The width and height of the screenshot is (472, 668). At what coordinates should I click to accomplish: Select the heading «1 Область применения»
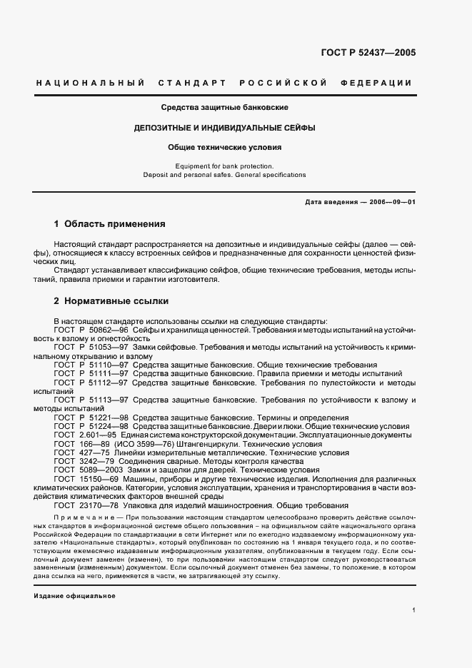(109, 223)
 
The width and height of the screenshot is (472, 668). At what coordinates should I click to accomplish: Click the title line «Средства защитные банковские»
(224, 108)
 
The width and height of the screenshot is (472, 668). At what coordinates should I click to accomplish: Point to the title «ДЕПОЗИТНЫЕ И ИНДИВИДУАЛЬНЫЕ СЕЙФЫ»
(224, 128)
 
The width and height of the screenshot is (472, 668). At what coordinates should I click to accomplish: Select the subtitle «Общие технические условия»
(224, 148)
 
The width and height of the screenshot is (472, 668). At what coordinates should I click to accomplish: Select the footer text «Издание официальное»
(74, 596)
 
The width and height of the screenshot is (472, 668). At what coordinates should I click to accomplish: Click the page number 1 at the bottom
(413, 610)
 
